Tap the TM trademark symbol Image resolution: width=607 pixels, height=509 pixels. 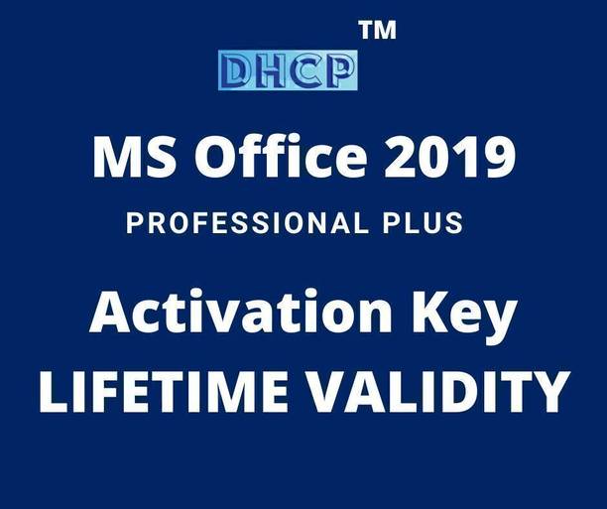click(x=377, y=30)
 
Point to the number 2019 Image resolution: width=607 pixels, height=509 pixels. click(x=452, y=158)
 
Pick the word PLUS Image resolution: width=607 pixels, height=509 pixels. click(x=423, y=223)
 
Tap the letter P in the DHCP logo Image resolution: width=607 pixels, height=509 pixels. click(x=339, y=70)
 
